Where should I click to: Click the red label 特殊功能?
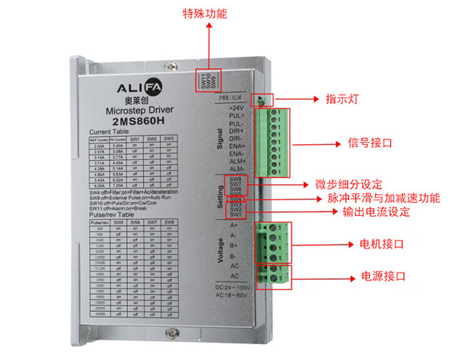[x=204, y=14]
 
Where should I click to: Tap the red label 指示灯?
[x=342, y=100]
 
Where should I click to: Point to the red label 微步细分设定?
[x=350, y=185]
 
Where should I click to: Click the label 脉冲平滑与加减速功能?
[x=384, y=198]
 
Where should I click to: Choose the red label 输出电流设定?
[x=376, y=212]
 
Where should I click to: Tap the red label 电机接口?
[x=381, y=244]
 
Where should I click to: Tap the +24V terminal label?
[x=236, y=108]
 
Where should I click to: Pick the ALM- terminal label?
[x=236, y=169]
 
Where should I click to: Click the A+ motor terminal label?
[x=234, y=225]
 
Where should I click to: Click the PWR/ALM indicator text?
[x=229, y=98]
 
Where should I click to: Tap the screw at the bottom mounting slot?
[x=169, y=337]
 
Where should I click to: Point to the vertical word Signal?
[x=221, y=139]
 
